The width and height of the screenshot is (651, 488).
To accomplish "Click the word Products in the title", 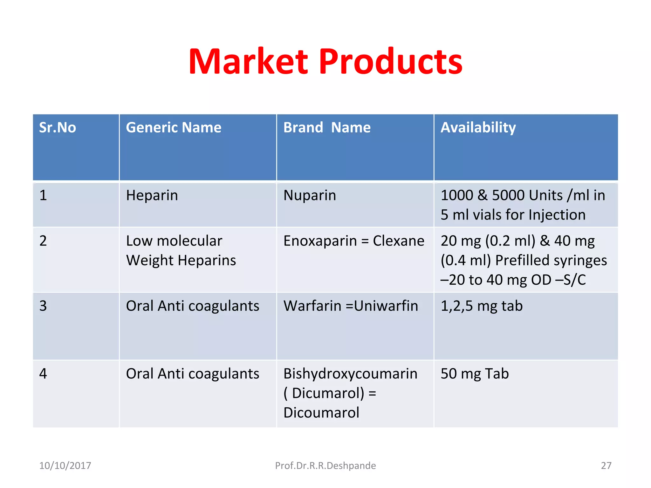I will click(x=391, y=62).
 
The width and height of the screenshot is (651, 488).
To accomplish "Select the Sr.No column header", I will click(x=58, y=128).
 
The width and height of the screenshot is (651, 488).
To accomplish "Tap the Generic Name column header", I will click(x=174, y=128).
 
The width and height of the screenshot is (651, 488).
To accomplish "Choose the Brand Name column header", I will click(x=327, y=128).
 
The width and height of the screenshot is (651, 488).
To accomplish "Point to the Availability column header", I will click(x=478, y=128).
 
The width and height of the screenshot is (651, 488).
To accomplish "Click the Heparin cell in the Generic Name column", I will click(x=152, y=195).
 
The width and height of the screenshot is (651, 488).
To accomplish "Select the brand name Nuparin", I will click(x=310, y=195).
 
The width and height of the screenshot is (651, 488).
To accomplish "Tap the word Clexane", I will click(x=399, y=241).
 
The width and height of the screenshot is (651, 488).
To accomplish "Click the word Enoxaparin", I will click(x=320, y=241).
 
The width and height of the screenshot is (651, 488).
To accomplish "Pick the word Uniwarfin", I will click(x=386, y=306).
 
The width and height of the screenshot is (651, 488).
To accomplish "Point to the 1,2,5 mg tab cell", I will click(x=482, y=306).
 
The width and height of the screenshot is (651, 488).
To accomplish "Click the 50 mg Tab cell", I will click(x=475, y=374).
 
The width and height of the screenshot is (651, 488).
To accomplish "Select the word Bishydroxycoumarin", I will click(x=350, y=374).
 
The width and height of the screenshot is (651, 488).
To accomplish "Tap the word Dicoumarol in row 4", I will click(x=321, y=413).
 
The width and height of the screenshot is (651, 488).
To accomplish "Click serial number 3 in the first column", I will click(x=43, y=306).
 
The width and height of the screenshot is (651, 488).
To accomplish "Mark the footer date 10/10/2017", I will click(x=65, y=465).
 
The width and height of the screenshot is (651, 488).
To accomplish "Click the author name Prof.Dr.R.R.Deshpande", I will click(x=325, y=465).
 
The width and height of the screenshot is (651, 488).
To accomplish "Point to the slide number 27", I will click(x=606, y=465).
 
